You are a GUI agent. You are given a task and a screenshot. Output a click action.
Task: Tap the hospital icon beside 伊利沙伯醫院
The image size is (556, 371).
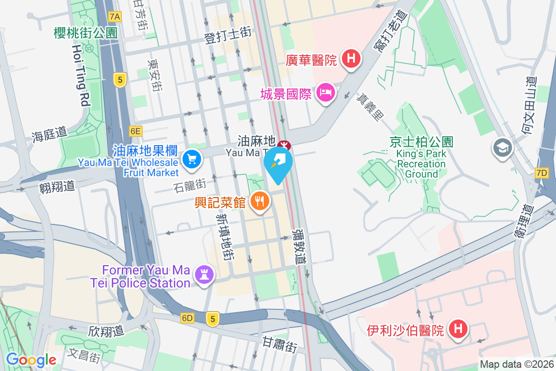tap(458, 329)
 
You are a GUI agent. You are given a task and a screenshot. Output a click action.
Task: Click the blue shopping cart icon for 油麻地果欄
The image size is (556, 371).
tap(191, 160)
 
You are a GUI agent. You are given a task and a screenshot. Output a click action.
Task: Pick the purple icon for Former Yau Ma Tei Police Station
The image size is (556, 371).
tap(204, 274)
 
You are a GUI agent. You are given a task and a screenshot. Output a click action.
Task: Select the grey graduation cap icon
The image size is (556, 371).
tap(502, 148)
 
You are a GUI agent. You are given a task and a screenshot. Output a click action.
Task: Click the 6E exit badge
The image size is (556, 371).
tap(135, 131)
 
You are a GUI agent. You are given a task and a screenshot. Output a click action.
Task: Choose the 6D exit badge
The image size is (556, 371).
tap(187, 318)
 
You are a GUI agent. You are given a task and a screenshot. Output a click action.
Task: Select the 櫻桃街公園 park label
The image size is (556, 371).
tap(86, 33)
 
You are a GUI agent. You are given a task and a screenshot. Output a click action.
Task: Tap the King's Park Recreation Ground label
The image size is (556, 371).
tap(421, 164)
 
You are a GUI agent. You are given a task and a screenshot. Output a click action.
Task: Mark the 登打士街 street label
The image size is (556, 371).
tap(228, 36)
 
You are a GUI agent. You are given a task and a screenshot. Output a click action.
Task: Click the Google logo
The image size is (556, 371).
tap(31, 360)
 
